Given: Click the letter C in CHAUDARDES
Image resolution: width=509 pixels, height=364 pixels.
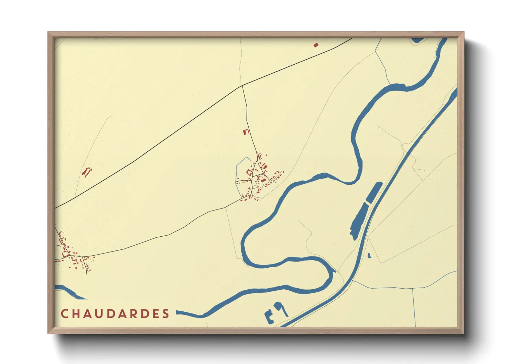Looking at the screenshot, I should point(64,314).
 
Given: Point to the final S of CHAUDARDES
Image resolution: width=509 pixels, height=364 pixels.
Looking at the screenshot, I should point(166,314).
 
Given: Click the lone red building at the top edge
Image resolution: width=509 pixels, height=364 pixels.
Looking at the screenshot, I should point(316,45).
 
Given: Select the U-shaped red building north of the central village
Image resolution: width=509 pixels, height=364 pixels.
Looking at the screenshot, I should point(246,132).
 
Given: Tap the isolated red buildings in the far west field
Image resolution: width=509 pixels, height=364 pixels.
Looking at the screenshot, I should point(87,171).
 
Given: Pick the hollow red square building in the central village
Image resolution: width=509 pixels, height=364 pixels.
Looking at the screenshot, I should point(249,172).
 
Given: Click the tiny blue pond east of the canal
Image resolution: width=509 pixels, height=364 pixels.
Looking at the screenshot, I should point(369,256).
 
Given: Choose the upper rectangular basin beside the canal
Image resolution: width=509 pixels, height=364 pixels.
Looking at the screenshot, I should point(374,192).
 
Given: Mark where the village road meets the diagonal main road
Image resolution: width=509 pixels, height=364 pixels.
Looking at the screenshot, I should point(242,86).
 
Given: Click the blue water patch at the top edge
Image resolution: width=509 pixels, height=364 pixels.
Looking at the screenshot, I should point(417,40).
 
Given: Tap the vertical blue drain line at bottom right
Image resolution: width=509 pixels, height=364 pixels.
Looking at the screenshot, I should point(414,306).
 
